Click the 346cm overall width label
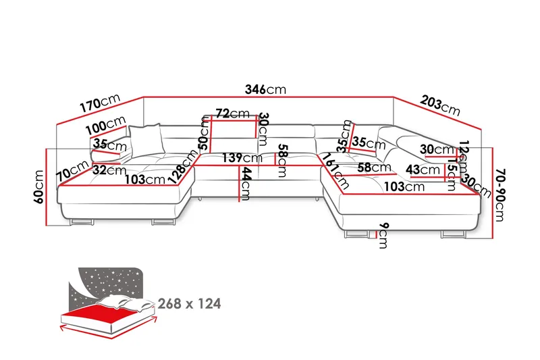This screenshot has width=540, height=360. [x=265, y=89]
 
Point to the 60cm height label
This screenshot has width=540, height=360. [x=39, y=187]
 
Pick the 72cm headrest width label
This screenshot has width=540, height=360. [x=231, y=113]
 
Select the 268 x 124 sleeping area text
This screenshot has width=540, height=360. [x=189, y=303]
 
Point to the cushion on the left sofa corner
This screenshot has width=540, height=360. [x=148, y=139]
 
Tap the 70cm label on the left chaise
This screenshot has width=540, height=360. [x=73, y=170]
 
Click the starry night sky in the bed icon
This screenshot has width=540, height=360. [x=108, y=280]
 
